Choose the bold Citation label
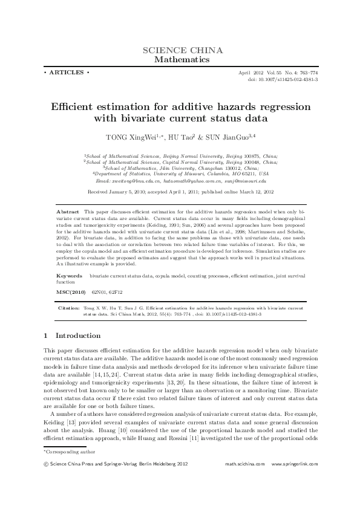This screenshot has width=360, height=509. tap(68, 308)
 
